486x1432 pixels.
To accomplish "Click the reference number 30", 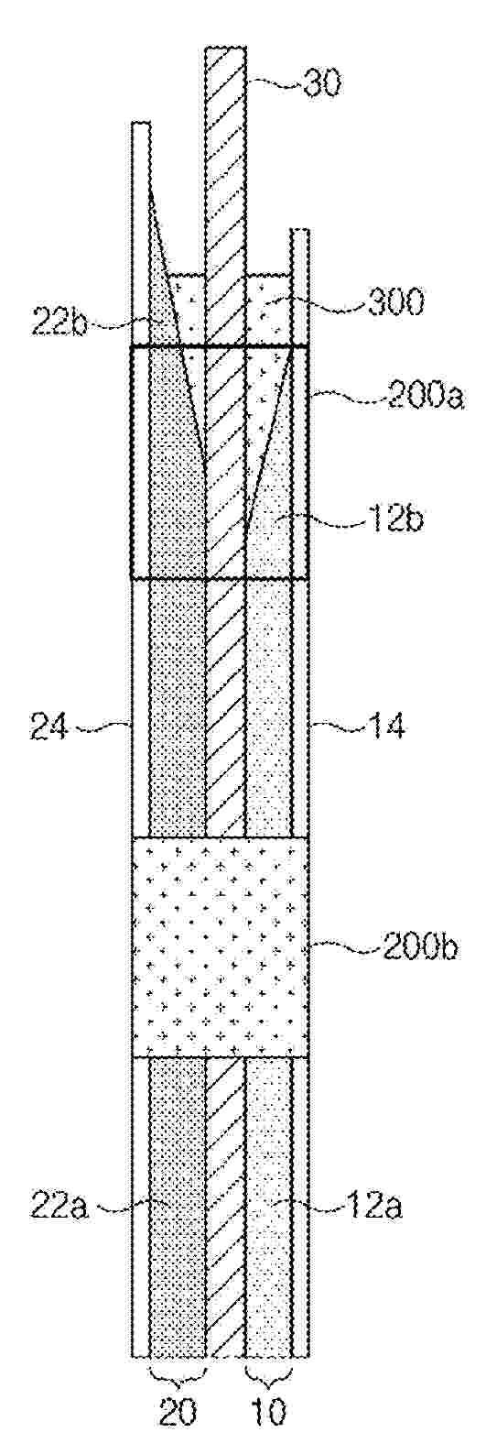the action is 322,84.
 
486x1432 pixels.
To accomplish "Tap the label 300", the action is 394,302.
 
